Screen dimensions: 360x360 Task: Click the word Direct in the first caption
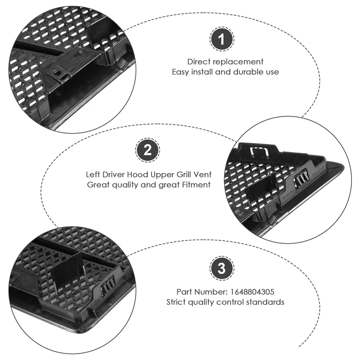[x=199, y=62]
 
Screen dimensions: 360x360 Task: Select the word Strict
[x=176, y=302]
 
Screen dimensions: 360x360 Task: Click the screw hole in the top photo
[x=55, y=72]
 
